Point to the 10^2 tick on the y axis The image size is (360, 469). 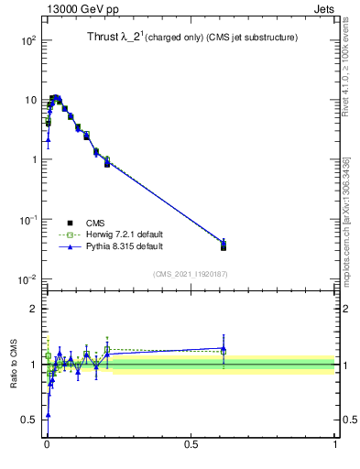click(26, 41)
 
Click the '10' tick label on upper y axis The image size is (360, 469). click(28, 101)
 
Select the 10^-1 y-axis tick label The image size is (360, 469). click(26, 220)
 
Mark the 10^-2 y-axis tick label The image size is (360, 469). click(26, 279)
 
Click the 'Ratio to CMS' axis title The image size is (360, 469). click(14, 364)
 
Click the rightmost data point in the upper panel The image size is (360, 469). click(224, 245)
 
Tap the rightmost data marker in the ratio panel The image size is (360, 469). click(224, 349)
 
